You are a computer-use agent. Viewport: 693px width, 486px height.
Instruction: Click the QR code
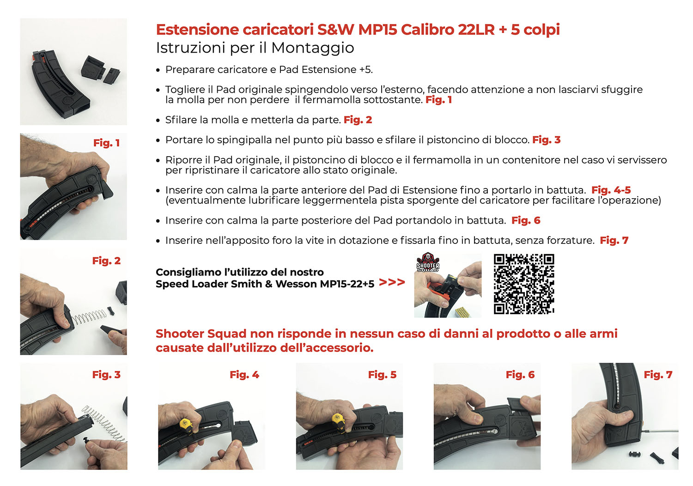(x=523, y=284)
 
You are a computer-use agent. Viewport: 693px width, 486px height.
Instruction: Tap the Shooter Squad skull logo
(x=428, y=262)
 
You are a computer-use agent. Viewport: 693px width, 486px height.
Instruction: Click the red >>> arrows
(x=392, y=282)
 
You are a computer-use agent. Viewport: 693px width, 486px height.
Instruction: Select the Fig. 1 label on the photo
(x=106, y=143)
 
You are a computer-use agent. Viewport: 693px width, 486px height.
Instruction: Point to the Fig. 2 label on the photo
(x=106, y=261)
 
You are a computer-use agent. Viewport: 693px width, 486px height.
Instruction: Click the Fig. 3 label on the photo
(x=106, y=375)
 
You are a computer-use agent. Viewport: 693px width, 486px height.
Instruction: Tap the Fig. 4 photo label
(x=244, y=375)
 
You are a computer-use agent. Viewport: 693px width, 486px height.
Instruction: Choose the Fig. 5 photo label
(x=382, y=375)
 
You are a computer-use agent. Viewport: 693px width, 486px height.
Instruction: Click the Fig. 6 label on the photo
(x=520, y=375)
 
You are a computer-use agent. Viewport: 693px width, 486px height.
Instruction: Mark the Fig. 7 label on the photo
(x=658, y=375)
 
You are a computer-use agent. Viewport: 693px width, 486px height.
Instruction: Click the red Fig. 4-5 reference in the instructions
(x=611, y=190)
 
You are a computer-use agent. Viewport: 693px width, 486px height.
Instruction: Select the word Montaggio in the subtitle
(x=313, y=48)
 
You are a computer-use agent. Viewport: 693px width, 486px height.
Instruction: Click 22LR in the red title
(x=476, y=30)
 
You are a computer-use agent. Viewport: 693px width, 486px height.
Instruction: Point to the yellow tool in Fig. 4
(x=186, y=424)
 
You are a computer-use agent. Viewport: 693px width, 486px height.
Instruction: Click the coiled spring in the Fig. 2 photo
(x=90, y=317)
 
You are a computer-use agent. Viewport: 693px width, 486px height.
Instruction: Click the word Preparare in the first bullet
(x=189, y=70)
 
